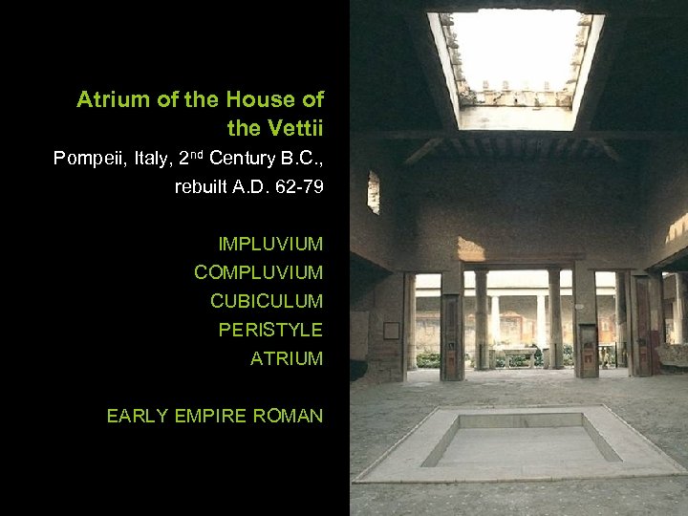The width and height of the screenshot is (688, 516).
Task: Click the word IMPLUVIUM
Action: click(270, 244)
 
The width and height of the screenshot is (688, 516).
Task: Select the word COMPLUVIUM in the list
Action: click(258, 272)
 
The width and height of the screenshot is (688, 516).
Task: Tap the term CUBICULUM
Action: click(267, 301)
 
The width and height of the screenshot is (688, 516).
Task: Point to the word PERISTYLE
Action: click(270, 330)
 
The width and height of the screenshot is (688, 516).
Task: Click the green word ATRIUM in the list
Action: click(287, 358)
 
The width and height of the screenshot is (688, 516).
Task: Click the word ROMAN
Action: click(290, 416)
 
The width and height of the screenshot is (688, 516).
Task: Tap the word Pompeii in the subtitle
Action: click(90, 158)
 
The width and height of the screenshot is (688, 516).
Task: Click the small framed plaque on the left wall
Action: click(391, 331)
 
